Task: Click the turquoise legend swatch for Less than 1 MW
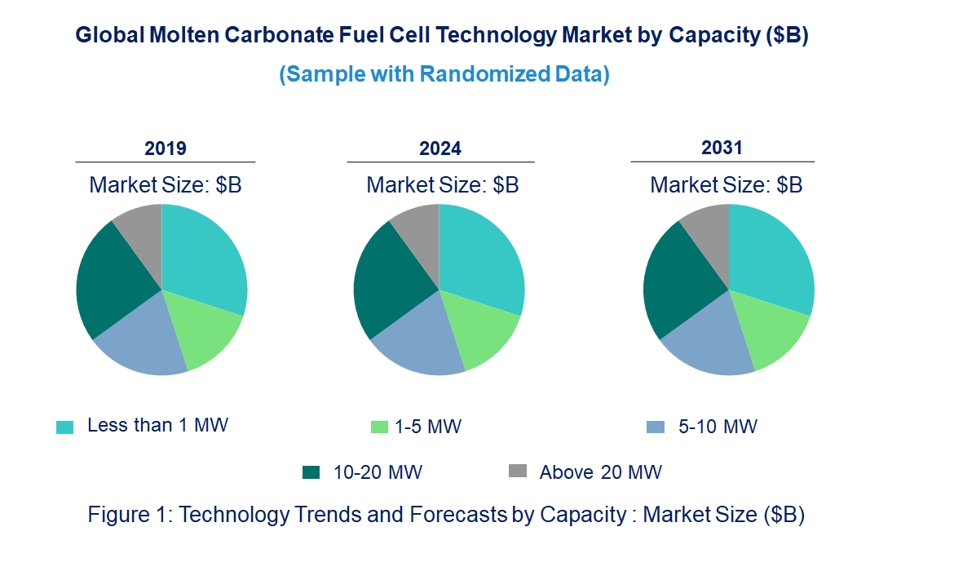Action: click(x=65, y=427)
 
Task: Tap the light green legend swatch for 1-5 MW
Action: click(x=379, y=427)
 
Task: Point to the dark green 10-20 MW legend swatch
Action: click(x=311, y=472)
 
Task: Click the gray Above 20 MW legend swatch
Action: click(x=518, y=471)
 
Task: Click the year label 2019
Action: click(x=166, y=148)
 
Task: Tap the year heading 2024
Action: click(x=440, y=148)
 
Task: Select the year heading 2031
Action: click(x=722, y=148)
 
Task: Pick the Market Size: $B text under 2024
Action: click(x=443, y=185)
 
